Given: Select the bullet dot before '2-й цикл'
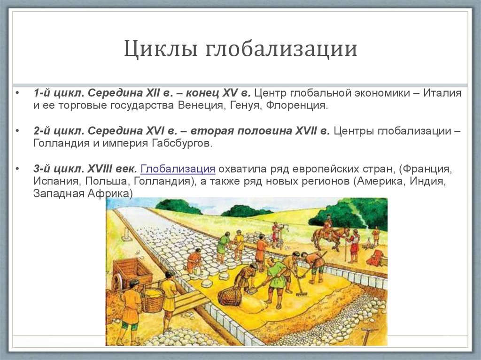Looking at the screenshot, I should click(x=17, y=130).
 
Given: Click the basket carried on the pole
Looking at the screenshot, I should click(x=153, y=299).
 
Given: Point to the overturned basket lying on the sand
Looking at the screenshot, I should click(x=229, y=296).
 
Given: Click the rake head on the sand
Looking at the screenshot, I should click(x=301, y=293).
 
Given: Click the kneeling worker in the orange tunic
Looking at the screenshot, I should click(x=194, y=260).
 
